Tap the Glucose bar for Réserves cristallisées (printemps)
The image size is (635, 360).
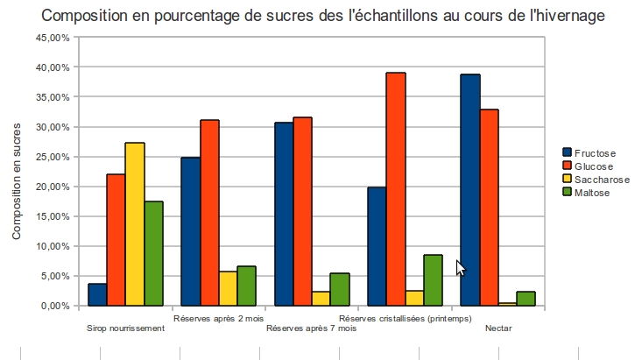tap(396, 189)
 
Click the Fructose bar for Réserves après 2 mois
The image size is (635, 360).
tap(190, 231)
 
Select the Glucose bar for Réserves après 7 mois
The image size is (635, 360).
tap(302, 211)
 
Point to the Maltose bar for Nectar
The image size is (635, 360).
tap(526, 299)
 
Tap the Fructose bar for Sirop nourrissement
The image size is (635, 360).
tap(97, 294)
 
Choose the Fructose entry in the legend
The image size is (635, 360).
tap(595, 153)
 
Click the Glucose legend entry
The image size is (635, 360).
tap(594, 166)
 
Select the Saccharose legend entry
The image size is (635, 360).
tap(600, 180)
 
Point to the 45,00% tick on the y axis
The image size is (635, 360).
tap(51, 38)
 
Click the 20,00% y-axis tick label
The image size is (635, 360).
tap(51, 187)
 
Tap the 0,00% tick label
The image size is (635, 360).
tap(53, 306)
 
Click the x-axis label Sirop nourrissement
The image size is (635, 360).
tap(126, 328)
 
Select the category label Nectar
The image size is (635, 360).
tap(497, 328)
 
